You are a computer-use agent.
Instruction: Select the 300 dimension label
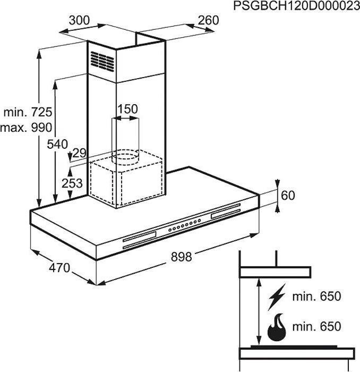click(x=79, y=21)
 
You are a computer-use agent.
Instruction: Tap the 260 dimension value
click(x=208, y=21)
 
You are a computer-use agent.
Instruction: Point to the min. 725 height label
click(x=27, y=112)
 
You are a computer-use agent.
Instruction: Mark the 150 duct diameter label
click(x=127, y=109)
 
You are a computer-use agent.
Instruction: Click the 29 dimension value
click(x=79, y=153)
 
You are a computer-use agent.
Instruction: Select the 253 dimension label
click(x=72, y=183)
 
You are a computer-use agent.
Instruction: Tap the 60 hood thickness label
click(x=287, y=196)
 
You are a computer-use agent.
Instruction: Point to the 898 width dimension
click(x=181, y=257)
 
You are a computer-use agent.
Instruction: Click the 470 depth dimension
click(x=59, y=268)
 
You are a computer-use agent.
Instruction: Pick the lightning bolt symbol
click(x=277, y=297)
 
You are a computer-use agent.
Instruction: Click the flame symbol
click(x=277, y=327)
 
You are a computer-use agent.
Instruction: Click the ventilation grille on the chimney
click(x=102, y=60)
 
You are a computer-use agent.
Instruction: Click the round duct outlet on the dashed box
click(x=126, y=155)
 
